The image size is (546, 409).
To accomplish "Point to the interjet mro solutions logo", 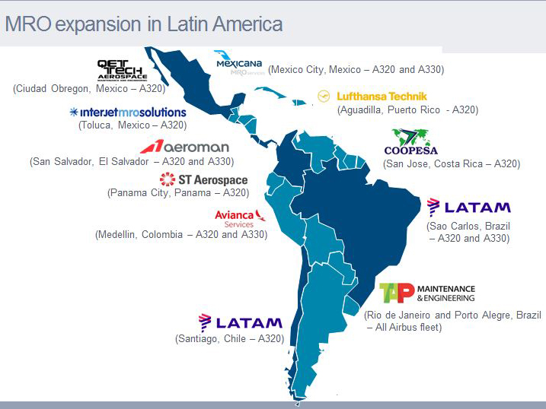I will point(127,112).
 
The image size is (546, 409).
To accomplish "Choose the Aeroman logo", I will point(184,147).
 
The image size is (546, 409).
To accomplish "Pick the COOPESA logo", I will point(410,142).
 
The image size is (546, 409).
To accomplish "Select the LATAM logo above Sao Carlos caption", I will point(468,208).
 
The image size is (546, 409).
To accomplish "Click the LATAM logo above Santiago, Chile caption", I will point(240,323).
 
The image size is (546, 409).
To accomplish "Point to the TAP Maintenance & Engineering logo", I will point(427,293).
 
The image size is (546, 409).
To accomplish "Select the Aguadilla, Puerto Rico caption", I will point(407,110).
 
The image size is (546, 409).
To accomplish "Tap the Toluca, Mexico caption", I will point(133,125).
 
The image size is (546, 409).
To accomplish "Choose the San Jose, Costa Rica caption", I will point(452,163).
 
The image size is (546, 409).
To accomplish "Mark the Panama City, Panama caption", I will point(189,193).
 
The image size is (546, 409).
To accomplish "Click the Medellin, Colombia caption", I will point(181,234).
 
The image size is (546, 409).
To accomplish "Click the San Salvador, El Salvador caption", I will point(132,161).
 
